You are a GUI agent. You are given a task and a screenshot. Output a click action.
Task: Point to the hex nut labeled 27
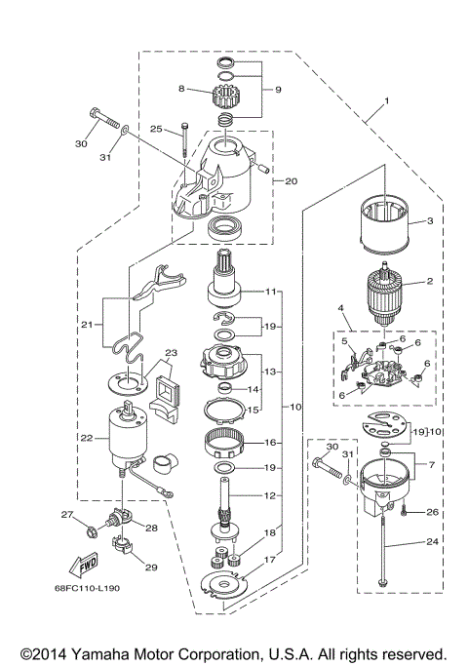[x=91, y=531]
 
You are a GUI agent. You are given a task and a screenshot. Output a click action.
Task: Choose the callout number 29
[x=150, y=567]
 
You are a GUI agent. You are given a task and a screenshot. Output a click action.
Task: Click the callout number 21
[x=86, y=324]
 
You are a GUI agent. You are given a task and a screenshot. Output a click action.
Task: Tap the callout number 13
[x=271, y=372]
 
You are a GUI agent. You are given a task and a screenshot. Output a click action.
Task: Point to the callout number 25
[x=155, y=129]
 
